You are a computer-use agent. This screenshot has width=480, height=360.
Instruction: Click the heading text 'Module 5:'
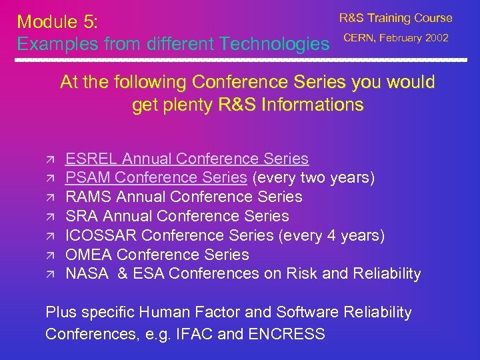[58, 22]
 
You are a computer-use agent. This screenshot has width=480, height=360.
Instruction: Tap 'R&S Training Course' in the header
[395, 18]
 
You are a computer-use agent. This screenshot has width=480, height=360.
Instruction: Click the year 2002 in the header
[437, 38]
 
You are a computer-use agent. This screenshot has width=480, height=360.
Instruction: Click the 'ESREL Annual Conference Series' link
[187, 159]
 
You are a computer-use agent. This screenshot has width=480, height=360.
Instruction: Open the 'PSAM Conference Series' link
[156, 178]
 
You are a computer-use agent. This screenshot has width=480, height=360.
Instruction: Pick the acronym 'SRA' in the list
[81, 216]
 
